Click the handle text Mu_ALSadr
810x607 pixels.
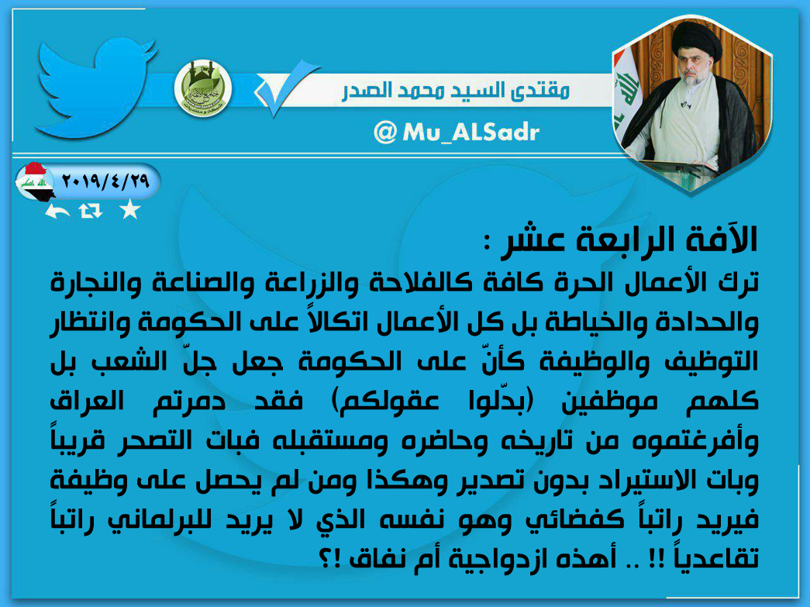[470, 133]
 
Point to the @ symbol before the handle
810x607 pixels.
[384, 133]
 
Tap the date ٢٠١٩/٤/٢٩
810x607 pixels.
[105, 181]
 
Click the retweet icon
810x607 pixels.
[91, 211]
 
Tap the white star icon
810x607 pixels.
[129, 210]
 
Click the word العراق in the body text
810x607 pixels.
[87, 401]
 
